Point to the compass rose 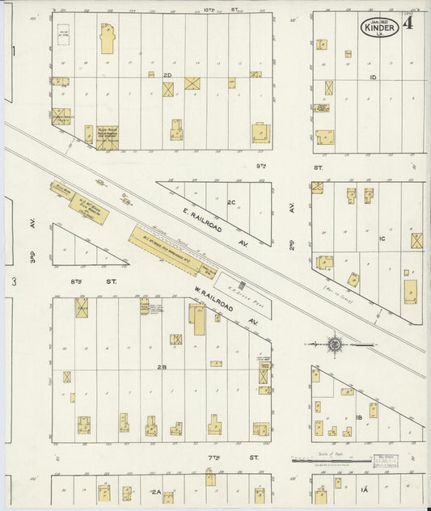coord(333,344)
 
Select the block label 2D coord(168,75)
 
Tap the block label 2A coord(155,491)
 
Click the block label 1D coord(373,78)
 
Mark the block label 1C coord(382,239)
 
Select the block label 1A coord(363,490)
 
